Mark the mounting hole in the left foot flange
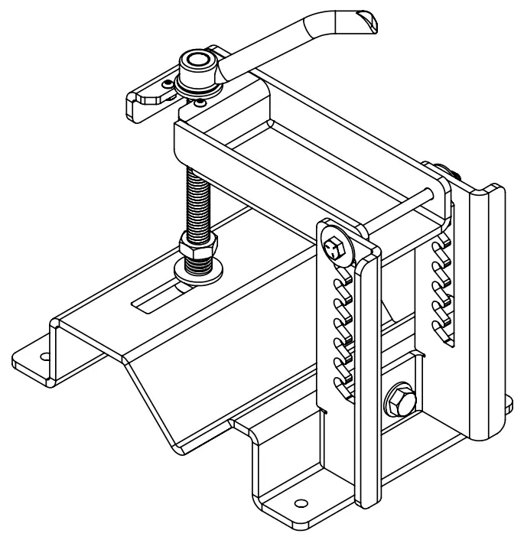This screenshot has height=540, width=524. pos(44,357)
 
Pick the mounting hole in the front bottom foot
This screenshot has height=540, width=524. pos(300,503)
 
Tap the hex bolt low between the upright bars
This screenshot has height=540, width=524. pos(399,399)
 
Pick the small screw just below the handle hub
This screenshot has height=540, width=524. pos(200,102)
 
